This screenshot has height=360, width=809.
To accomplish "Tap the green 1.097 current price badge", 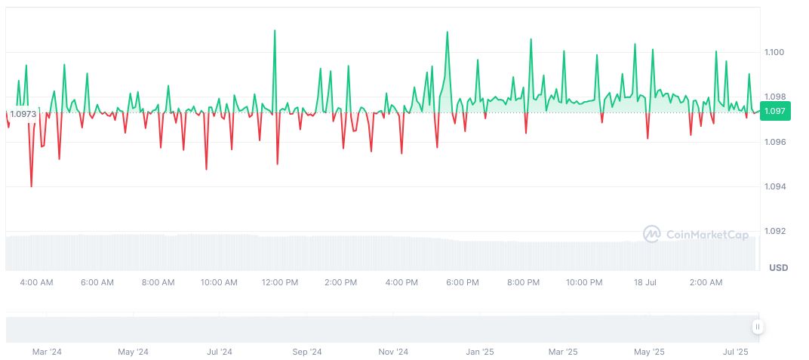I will (775, 112).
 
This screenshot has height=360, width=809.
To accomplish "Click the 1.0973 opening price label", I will (23, 114).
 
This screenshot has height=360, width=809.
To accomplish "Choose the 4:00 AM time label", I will (36, 283).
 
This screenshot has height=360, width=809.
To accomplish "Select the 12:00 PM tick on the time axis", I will (280, 283).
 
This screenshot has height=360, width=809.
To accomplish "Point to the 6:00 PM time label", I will (463, 283).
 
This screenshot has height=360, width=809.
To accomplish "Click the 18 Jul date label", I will (645, 283).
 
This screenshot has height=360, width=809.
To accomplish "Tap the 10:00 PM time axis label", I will (584, 283).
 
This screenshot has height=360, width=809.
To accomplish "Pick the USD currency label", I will (778, 268).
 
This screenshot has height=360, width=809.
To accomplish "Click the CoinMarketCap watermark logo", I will (696, 235).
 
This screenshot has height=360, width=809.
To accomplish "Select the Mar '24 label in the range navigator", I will (48, 352).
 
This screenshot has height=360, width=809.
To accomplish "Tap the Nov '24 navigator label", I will (393, 352).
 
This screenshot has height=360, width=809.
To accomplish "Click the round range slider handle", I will (758, 327).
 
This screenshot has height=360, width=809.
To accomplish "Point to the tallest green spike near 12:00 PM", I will (275, 31).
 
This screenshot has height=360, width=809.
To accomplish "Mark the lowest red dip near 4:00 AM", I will (31, 186).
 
